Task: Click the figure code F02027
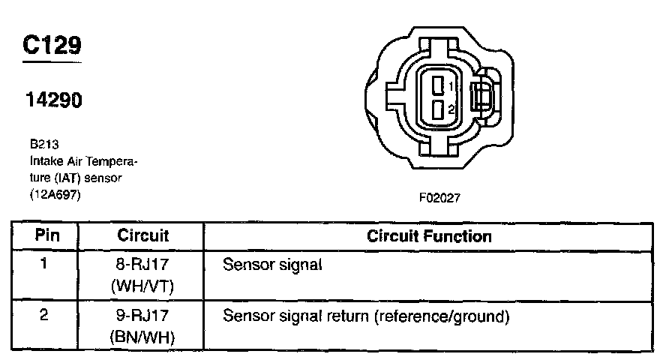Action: click(x=439, y=199)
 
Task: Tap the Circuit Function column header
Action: click(x=429, y=236)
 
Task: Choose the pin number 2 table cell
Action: click(x=44, y=316)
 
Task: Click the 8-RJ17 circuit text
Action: click(x=142, y=265)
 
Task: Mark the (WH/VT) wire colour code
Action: click(x=142, y=286)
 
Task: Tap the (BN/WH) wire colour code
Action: click(x=142, y=337)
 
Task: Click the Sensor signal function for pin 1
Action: click(x=272, y=265)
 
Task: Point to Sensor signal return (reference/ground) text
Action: click(x=366, y=316)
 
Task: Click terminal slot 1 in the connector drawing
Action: click(x=437, y=85)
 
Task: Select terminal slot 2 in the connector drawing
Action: click(x=437, y=109)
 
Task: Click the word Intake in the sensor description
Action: click(x=44, y=161)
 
